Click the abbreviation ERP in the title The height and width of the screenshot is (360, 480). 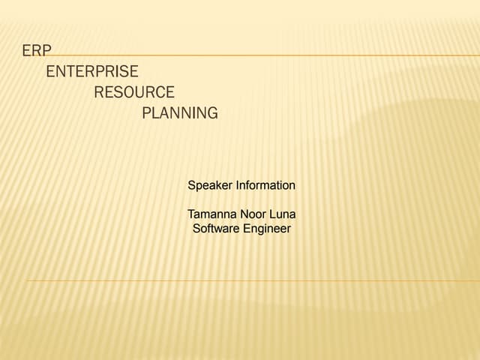pos(37,50)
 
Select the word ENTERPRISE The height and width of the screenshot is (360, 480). pos(92,71)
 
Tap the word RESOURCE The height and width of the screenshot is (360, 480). pos(134,92)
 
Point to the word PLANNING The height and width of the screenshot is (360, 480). pos(180,113)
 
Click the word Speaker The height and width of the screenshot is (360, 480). pos(210,185)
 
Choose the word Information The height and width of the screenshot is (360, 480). pos(265,184)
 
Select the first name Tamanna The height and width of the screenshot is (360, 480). pos(211,214)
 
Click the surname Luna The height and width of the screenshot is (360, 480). pos(283,214)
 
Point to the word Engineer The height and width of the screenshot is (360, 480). pos(266,229)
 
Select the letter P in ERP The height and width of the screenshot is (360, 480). pos(46,50)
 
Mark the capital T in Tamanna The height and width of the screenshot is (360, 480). pos(191,214)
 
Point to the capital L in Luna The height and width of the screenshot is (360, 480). pos(274,214)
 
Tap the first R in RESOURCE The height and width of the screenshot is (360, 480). pos(99,92)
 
